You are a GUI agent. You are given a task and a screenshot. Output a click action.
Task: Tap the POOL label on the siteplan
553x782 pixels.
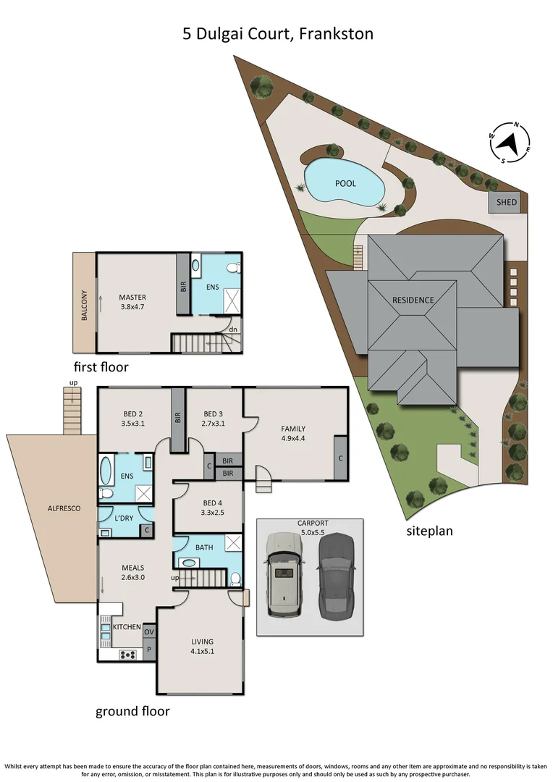pyautogui.click(x=345, y=183)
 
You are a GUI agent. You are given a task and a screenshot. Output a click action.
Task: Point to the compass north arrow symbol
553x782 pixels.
pyautogui.click(x=510, y=143)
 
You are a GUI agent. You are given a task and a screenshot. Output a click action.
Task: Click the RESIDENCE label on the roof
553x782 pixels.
pyautogui.click(x=413, y=300)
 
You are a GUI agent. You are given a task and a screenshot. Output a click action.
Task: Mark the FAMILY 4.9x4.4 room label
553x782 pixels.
pyautogui.click(x=293, y=433)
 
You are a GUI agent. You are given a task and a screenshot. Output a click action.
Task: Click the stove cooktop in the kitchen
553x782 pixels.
pyautogui.click(x=128, y=655)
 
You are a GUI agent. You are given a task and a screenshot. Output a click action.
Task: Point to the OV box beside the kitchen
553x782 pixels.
pyautogui.click(x=149, y=632)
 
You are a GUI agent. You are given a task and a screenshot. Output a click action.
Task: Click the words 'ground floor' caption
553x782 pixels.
pyautogui.click(x=132, y=711)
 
